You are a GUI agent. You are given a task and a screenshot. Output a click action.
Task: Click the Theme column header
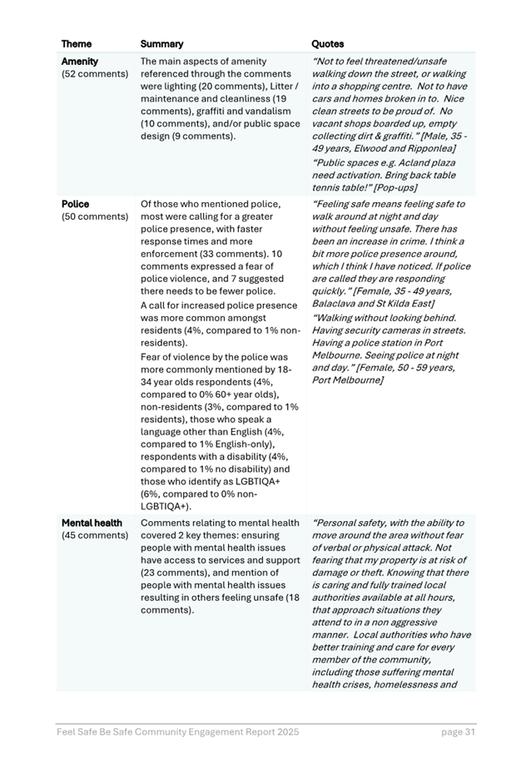pyautogui.click(x=77, y=43)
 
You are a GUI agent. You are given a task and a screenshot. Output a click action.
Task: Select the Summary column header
pyautogui.click(x=161, y=43)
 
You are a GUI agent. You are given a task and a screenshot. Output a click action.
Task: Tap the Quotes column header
pyautogui.click(x=327, y=43)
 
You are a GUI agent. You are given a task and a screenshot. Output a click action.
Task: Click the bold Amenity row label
pyautogui.click(x=80, y=62)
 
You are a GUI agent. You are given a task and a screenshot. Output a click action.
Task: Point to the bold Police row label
pyautogui.click(x=75, y=204)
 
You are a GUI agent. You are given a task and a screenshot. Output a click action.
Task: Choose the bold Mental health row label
pyautogui.click(x=92, y=523)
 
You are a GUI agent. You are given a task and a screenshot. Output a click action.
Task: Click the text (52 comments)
pyautogui.click(x=95, y=74)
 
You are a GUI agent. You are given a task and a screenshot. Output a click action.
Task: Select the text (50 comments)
pyautogui.click(x=95, y=216)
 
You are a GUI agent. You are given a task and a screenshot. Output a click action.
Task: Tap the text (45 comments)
pyautogui.click(x=95, y=535)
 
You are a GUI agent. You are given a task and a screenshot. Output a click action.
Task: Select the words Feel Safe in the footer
pyautogui.click(x=77, y=732)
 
